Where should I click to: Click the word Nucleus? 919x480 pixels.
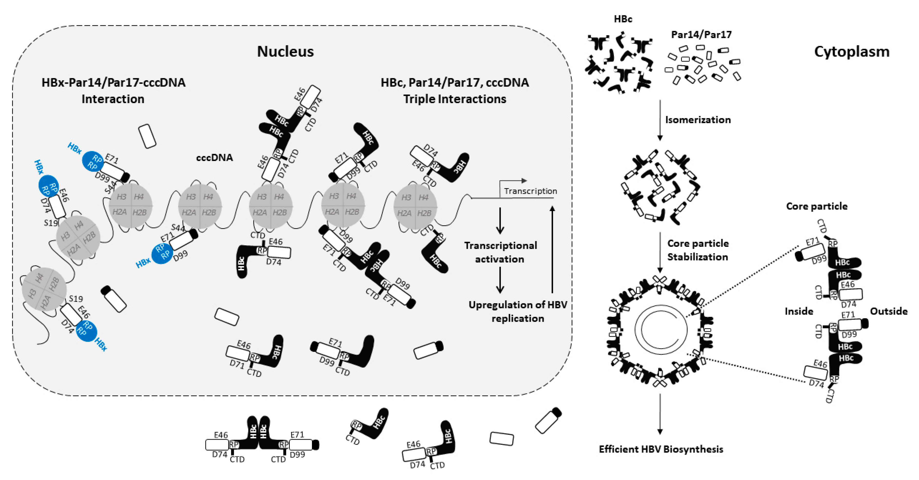285,52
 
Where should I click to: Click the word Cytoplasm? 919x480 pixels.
851,52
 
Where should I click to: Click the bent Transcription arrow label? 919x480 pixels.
530,191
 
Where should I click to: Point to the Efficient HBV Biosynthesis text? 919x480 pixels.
661,449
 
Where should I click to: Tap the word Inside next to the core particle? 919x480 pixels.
798,311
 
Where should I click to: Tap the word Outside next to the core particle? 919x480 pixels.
888,311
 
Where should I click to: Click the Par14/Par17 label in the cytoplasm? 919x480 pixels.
701,35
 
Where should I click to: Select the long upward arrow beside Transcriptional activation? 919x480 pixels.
552,249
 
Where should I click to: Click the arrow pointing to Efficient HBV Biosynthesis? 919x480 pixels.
660,413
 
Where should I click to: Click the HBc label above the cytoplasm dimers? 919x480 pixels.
623,19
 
